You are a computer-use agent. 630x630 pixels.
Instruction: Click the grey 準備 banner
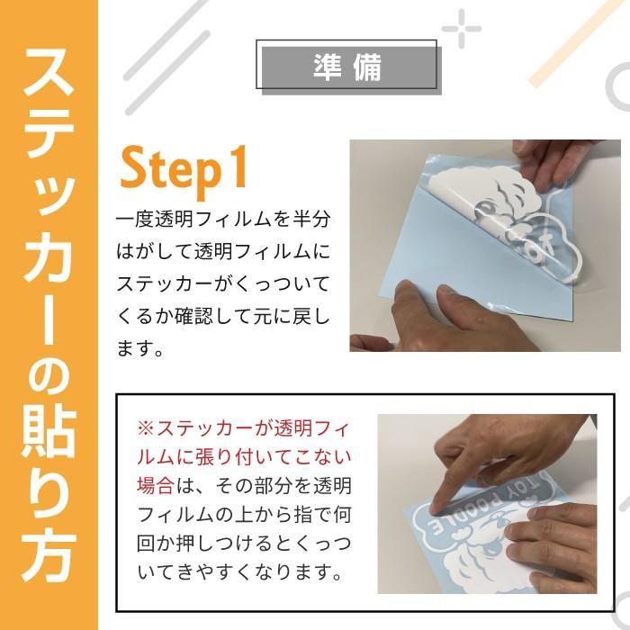[347, 66]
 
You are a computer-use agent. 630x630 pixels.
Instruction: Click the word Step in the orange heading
[170, 168]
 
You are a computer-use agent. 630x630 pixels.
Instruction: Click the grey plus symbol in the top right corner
[461, 29]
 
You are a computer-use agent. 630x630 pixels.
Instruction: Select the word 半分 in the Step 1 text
[317, 219]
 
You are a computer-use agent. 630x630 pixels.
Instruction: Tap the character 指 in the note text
[284, 516]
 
